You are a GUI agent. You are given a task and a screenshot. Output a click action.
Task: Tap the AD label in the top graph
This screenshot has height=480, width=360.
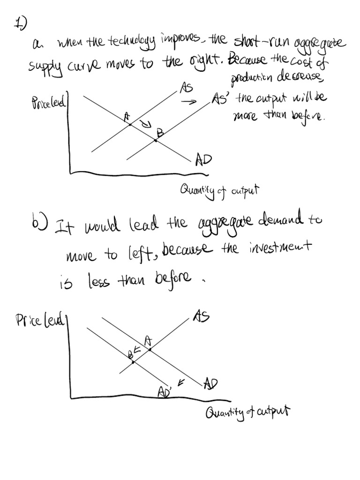pyautogui.click(x=203, y=160)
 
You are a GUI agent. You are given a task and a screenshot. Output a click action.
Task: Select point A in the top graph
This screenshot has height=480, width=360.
pyautogui.click(x=131, y=125)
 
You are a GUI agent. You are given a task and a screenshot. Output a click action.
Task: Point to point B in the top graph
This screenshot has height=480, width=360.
pyautogui.click(x=156, y=140)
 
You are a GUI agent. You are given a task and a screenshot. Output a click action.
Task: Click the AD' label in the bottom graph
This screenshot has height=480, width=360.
pyautogui.click(x=165, y=391)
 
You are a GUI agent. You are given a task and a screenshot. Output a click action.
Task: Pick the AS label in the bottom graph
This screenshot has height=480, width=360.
pyautogui.click(x=200, y=317)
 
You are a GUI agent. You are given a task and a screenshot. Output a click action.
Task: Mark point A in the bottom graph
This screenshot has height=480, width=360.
pyautogui.click(x=150, y=349)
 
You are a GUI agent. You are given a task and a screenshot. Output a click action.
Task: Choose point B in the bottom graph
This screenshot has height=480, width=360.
pyautogui.click(x=133, y=362)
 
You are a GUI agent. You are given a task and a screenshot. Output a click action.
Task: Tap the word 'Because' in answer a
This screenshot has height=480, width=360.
pyautogui.click(x=247, y=60)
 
